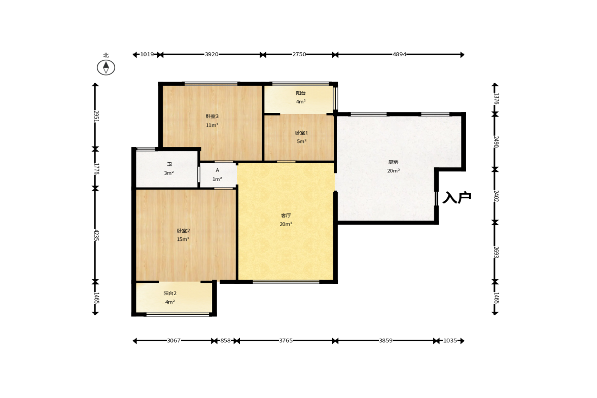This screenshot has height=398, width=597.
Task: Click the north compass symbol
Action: coord(106,67)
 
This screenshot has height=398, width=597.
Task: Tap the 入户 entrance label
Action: coord(457,197)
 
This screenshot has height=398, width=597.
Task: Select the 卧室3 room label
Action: coord(212,117)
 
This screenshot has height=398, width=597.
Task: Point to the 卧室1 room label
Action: coord(302,133)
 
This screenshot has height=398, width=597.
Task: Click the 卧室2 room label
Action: coord(183,231)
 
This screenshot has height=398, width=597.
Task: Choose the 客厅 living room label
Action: coord(286,215)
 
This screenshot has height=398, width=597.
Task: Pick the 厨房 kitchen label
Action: coord(393,162)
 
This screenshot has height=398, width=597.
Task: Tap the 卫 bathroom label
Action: coord(169,164)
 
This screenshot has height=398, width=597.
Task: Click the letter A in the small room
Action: coord(218,170)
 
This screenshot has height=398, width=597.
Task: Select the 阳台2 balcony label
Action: coord(170,294)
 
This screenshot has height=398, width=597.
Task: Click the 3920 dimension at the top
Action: coord(212,54)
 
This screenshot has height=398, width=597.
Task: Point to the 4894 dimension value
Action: coord(399,54)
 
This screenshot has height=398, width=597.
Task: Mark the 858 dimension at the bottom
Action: coord(225,341)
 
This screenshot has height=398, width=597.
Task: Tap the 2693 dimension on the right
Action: coord(496,252)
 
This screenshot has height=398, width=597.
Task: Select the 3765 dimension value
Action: coord(286,341)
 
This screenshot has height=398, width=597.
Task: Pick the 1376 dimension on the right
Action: coord(496,98)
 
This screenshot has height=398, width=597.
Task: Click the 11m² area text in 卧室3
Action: coord(212,125)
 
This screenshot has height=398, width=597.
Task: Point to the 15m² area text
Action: coord(183,239)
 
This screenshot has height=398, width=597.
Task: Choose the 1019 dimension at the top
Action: coord(147,54)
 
